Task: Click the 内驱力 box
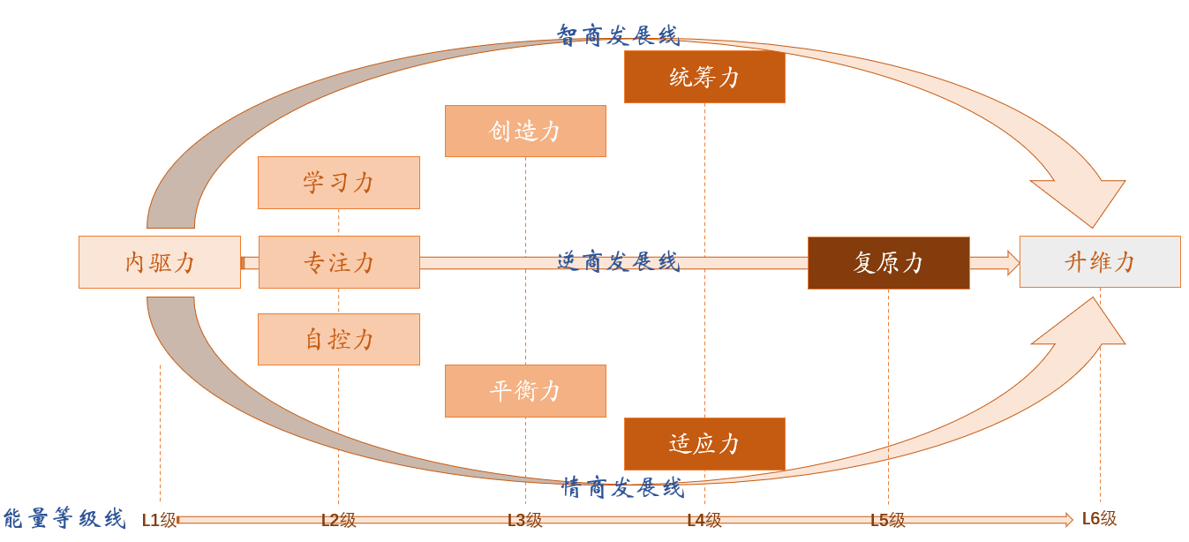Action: point(160,262)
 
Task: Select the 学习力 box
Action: point(339,183)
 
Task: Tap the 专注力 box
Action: point(339,262)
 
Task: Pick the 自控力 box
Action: point(339,339)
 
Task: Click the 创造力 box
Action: point(525,131)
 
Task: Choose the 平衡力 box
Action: point(525,391)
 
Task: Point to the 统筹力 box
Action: point(704,77)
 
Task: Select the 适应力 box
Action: point(704,444)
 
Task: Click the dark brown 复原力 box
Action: point(889,262)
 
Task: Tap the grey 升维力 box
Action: point(1100,261)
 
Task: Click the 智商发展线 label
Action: point(618,35)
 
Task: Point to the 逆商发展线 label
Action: point(618,261)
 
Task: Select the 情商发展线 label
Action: point(623,487)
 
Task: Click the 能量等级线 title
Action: point(64,518)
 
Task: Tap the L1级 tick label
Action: point(160,520)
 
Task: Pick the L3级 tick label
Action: point(525,520)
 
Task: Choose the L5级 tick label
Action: point(888,520)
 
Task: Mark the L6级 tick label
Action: point(1100,518)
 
